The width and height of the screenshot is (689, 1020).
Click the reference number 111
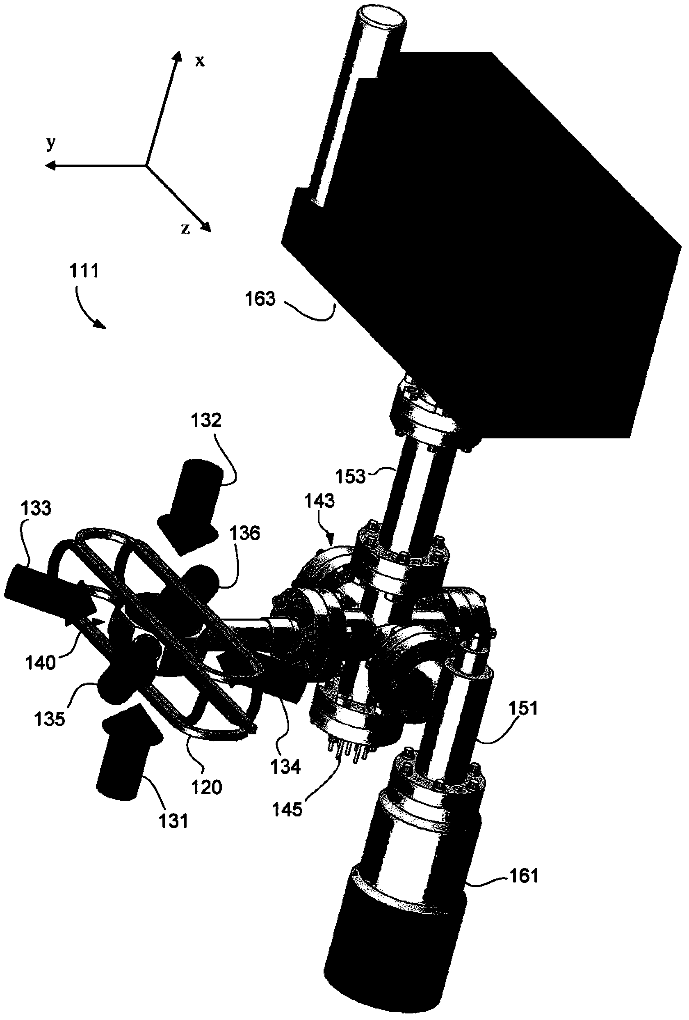point(84,271)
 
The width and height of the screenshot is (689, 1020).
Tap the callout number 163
point(260,299)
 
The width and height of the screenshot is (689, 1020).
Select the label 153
point(350,476)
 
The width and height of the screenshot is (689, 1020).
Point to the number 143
point(319,501)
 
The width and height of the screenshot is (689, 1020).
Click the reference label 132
point(206,420)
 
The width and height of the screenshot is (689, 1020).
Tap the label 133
point(36,508)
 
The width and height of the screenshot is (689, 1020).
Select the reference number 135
point(50,719)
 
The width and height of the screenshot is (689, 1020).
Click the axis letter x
point(200,61)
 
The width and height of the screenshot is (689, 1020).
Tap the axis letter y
point(51,144)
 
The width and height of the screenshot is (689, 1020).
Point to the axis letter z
point(185,229)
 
